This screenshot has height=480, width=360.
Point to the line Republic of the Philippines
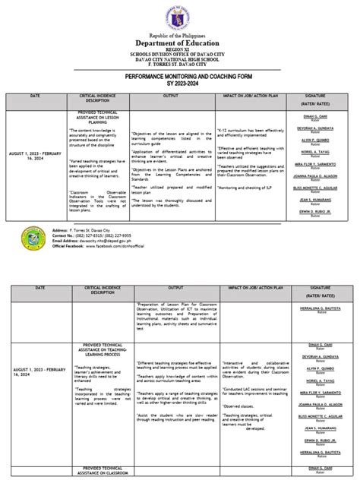[180, 35]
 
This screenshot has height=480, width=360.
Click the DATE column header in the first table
[36, 96]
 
